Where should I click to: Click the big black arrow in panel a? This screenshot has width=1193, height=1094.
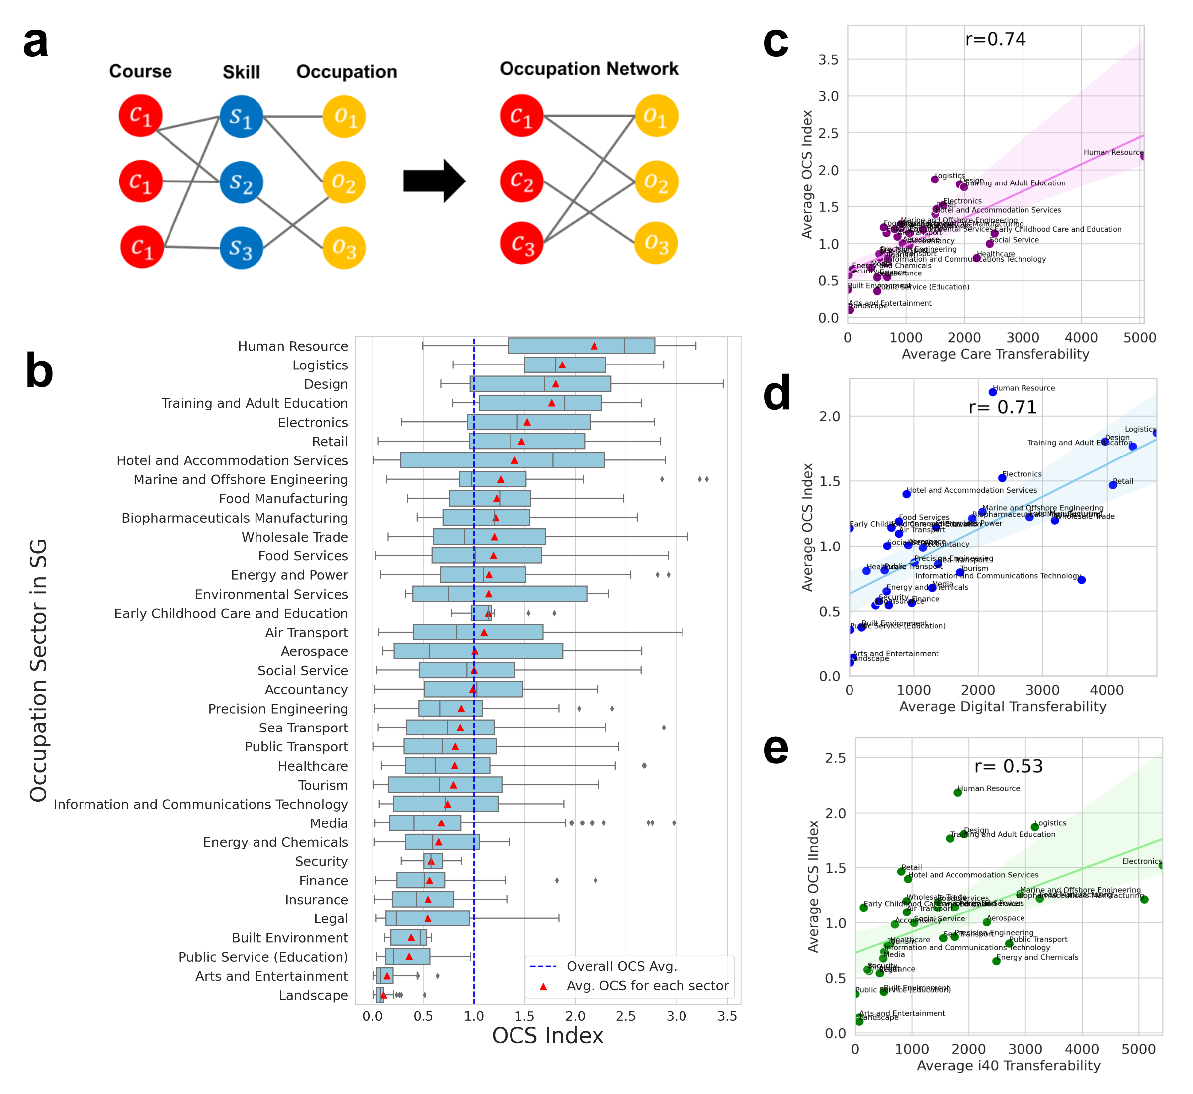coord(434,181)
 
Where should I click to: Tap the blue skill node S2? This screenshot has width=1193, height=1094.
coord(241,182)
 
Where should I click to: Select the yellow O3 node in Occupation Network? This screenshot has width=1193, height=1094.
coord(656,243)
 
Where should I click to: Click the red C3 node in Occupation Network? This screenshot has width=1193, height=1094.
coord(521,243)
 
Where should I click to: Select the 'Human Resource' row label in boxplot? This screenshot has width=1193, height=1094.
coord(293,346)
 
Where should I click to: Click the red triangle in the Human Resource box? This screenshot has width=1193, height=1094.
coord(594,346)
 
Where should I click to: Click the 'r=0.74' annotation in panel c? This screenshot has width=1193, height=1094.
coord(995,39)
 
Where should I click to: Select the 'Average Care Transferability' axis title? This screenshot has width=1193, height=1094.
coord(995,354)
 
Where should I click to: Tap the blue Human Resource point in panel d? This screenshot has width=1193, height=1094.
coord(992,392)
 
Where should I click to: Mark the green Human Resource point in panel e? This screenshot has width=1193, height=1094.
coord(957,793)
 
